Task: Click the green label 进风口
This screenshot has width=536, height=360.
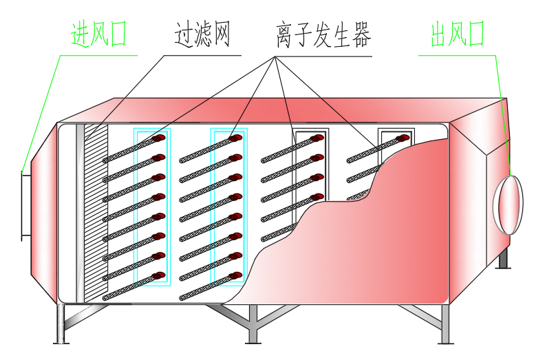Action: tap(99, 34)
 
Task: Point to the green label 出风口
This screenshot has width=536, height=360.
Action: tap(458, 34)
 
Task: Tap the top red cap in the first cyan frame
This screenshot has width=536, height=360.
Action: tap(160, 140)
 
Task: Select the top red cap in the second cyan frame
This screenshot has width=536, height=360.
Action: tap(235, 138)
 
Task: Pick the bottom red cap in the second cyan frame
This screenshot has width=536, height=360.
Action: tap(235, 277)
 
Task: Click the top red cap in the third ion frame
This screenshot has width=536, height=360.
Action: tap(318, 138)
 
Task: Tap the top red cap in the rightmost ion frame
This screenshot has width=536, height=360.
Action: tap(403, 139)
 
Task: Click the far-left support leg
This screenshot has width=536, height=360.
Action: tap(61, 324)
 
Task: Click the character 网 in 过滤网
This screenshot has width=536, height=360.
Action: tap(218, 34)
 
